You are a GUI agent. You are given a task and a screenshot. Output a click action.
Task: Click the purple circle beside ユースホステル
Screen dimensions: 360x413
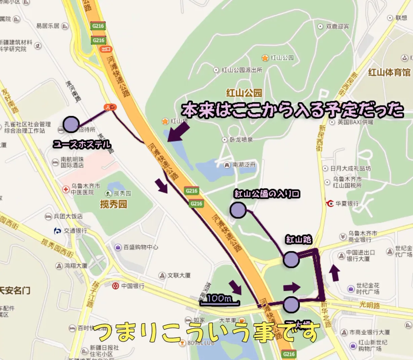point(71,124)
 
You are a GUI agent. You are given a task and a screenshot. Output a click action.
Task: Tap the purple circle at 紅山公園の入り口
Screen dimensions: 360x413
point(238,210)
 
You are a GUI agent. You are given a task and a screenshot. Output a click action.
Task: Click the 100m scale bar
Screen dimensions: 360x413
point(220,300)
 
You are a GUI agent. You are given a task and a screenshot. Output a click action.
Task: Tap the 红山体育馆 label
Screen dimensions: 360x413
point(389,72)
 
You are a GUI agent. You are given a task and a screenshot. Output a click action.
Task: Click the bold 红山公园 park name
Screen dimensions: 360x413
point(244,93)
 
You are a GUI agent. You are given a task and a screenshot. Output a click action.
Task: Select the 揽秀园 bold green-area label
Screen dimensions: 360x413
point(114,204)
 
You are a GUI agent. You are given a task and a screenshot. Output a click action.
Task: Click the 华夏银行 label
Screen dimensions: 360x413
point(347,204)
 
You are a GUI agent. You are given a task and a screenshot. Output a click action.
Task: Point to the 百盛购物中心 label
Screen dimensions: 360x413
point(141,247)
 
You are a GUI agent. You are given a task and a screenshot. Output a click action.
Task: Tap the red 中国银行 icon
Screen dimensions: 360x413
point(116,286)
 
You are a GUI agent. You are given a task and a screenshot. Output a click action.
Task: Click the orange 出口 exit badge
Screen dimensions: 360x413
point(106,49)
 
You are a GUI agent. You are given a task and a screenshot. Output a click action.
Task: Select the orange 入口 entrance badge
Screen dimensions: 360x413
point(110,107)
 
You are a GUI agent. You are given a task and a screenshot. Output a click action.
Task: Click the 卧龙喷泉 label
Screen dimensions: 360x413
point(241,140)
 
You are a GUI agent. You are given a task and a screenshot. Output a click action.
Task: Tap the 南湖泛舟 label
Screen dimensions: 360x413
point(244,165)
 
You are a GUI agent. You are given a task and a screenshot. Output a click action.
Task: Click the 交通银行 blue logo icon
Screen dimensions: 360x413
point(58,231)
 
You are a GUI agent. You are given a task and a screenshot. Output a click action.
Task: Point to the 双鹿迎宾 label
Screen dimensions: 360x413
point(337,26)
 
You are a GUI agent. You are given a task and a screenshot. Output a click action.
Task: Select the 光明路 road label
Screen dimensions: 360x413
point(369,305)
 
